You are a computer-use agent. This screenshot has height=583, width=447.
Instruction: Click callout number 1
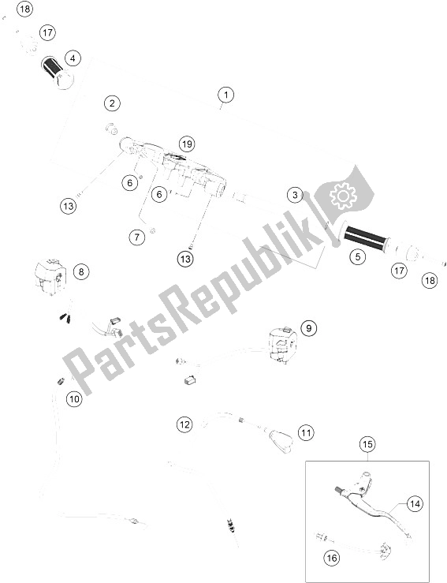tap(225, 96)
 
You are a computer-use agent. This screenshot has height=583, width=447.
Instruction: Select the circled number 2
tap(114, 103)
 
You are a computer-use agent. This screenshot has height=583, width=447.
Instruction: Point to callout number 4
tap(73, 58)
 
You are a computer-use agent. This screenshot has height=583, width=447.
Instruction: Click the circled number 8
tap(80, 271)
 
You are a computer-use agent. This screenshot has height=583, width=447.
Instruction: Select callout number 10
tap(73, 399)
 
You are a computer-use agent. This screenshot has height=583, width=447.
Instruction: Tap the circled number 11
tap(305, 432)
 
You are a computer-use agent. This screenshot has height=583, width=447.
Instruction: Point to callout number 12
tap(184, 424)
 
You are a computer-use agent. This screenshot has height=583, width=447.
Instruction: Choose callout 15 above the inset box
tap(368, 445)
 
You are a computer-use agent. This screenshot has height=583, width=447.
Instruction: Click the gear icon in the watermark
tap(343, 196)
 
